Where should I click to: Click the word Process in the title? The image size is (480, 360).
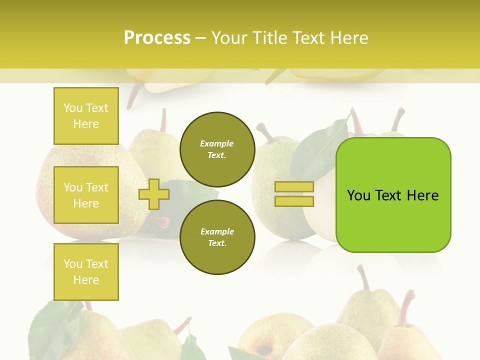coord(157,38)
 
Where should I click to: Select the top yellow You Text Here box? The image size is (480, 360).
coord(86,116)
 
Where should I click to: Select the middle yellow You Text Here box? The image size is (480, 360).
coord(86,195)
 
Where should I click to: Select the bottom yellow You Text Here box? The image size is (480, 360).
coord(86,272)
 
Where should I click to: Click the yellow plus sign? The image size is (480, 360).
coord(154,194)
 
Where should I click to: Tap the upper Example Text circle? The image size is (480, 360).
coord(217,149)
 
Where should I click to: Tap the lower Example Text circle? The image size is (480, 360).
coord(217,237)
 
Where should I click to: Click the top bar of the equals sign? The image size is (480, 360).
coord(294,187)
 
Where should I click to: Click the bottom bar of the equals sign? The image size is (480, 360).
coord(294,201)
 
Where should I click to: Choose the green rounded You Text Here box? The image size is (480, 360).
coord(393,195)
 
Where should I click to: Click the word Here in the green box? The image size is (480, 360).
coord(422,195)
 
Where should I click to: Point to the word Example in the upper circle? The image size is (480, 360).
coord(217,144)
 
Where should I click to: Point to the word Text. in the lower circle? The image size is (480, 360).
coord(217,243)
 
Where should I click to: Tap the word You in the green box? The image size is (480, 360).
coord(358,195)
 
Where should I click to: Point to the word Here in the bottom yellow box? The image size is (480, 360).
coord(86,280)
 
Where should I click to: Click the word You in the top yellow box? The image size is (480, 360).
coord(73,108)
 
